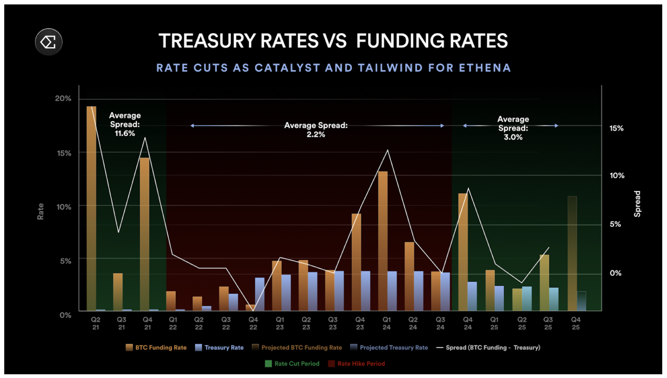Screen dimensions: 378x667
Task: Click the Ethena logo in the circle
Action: pos(49,42)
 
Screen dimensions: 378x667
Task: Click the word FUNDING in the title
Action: pos(401,41)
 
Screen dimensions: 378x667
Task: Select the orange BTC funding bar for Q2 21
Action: pos(92,209)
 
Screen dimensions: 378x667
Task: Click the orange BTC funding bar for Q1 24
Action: pos(383,241)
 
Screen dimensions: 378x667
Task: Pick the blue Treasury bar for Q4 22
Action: pos(260,294)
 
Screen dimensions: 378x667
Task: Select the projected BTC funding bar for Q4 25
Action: pos(572,253)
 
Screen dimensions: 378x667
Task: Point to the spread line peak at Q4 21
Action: pos(145,138)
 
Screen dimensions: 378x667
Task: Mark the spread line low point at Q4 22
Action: pos(253,310)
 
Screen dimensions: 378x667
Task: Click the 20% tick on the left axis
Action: pos(63,98)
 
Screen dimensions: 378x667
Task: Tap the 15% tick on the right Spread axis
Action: pos(616,128)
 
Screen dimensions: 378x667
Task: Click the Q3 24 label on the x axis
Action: pos(440,323)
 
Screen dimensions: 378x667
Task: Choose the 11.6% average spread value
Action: pos(125,133)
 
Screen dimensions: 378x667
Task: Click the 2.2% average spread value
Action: pos(316,134)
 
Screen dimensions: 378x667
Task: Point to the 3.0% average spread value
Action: pos(513,137)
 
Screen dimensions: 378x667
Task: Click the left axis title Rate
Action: pos(41,211)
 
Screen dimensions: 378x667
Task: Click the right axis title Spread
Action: pos(637,204)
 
